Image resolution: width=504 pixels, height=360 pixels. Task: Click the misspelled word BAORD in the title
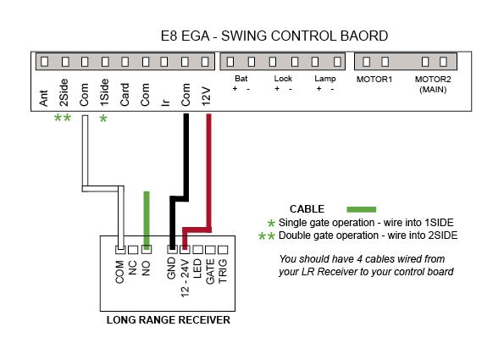click(x=364, y=36)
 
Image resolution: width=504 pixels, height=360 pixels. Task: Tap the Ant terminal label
click(x=44, y=98)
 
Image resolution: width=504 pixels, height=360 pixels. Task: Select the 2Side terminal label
click(x=64, y=92)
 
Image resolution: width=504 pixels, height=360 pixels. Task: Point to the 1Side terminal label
click(x=104, y=92)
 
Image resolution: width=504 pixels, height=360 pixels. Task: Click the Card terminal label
click(x=125, y=95)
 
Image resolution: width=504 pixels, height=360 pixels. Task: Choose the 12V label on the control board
click(x=206, y=96)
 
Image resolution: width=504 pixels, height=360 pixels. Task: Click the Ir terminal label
click(x=165, y=102)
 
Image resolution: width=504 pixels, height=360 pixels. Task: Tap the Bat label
click(x=241, y=79)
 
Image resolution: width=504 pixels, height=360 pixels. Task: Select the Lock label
click(x=283, y=79)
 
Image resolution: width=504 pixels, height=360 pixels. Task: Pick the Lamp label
click(x=325, y=79)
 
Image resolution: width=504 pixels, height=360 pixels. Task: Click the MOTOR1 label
click(x=374, y=80)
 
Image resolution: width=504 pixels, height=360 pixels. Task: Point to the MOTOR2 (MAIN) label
click(x=433, y=84)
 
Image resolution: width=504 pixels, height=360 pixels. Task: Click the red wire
click(x=208, y=174)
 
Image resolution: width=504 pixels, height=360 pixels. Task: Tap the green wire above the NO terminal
click(x=147, y=220)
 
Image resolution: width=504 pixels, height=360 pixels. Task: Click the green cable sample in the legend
click(x=362, y=209)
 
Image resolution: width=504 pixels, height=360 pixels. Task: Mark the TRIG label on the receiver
click(x=223, y=271)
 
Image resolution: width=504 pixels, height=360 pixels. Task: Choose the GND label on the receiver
click(x=171, y=269)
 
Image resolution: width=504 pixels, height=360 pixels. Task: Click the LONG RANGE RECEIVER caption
click(x=169, y=320)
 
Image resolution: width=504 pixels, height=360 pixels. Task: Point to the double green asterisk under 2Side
click(x=63, y=118)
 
